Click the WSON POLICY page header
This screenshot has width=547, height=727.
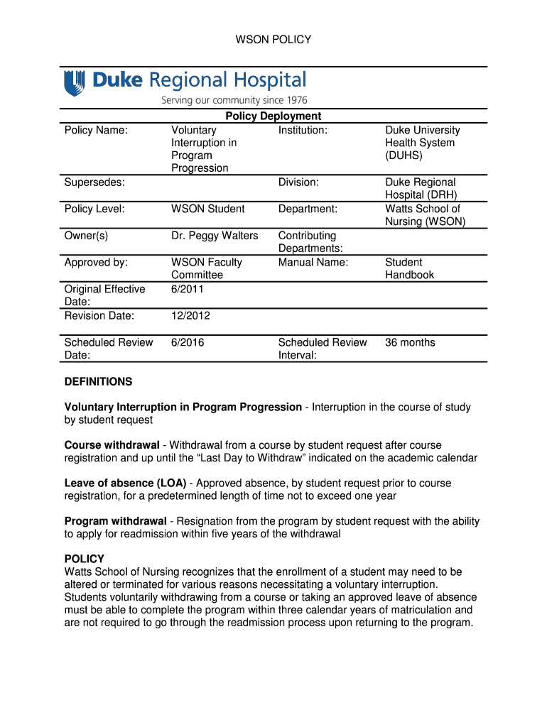(x=273, y=40)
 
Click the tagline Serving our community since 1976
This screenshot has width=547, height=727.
(x=234, y=100)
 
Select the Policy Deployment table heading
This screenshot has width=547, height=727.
(x=273, y=116)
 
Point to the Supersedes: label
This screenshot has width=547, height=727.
(x=94, y=182)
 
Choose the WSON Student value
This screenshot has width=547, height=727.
(x=207, y=209)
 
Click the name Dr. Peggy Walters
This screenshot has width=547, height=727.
(x=215, y=236)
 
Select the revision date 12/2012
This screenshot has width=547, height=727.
(x=190, y=316)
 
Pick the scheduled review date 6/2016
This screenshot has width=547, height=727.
(x=188, y=342)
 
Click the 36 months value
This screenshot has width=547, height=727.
(x=410, y=342)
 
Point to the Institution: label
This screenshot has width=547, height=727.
(x=303, y=130)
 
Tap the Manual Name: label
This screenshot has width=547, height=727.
(x=313, y=263)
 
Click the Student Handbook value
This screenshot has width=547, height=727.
(x=409, y=268)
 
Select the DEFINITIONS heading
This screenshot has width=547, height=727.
(x=98, y=382)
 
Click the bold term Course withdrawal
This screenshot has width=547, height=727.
(x=112, y=445)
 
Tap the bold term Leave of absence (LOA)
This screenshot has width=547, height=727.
(x=125, y=483)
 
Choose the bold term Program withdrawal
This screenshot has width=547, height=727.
(x=116, y=521)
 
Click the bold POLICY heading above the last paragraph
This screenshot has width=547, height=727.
(x=84, y=559)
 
